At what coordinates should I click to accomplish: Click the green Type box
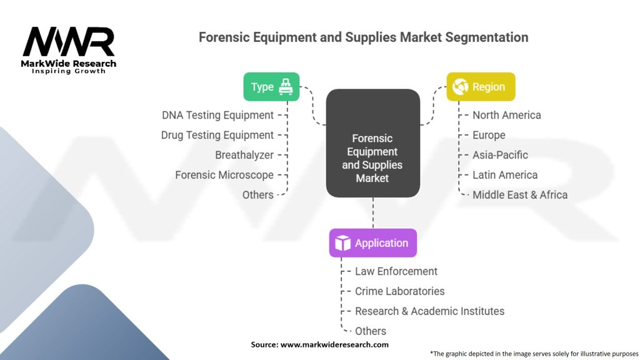click(x=271, y=86)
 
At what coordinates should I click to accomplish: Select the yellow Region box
click(x=481, y=86)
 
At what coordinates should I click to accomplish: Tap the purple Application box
click(x=373, y=243)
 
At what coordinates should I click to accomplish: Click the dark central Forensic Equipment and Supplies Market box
click(x=373, y=143)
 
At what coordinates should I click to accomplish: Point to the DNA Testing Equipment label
click(x=217, y=116)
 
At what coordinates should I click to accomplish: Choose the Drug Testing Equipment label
click(x=217, y=136)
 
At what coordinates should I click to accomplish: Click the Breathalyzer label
click(x=244, y=155)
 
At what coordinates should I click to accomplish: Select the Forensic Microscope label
click(x=224, y=175)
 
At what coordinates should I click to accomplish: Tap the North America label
click(x=506, y=115)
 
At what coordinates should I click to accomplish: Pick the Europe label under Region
click(x=489, y=135)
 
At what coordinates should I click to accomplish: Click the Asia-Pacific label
click(x=500, y=155)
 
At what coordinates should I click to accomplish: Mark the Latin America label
click(x=505, y=175)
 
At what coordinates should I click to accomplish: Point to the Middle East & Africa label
click(x=520, y=195)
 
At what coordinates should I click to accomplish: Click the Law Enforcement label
click(x=396, y=271)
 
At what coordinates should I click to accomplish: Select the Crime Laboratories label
click(x=399, y=291)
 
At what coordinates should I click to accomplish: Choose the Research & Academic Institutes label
click(x=429, y=311)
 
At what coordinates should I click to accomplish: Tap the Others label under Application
click(x=370, y=331)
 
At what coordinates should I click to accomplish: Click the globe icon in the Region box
click(x=460, y=86)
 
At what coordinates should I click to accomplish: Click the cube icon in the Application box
click(x=342, y=243)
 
